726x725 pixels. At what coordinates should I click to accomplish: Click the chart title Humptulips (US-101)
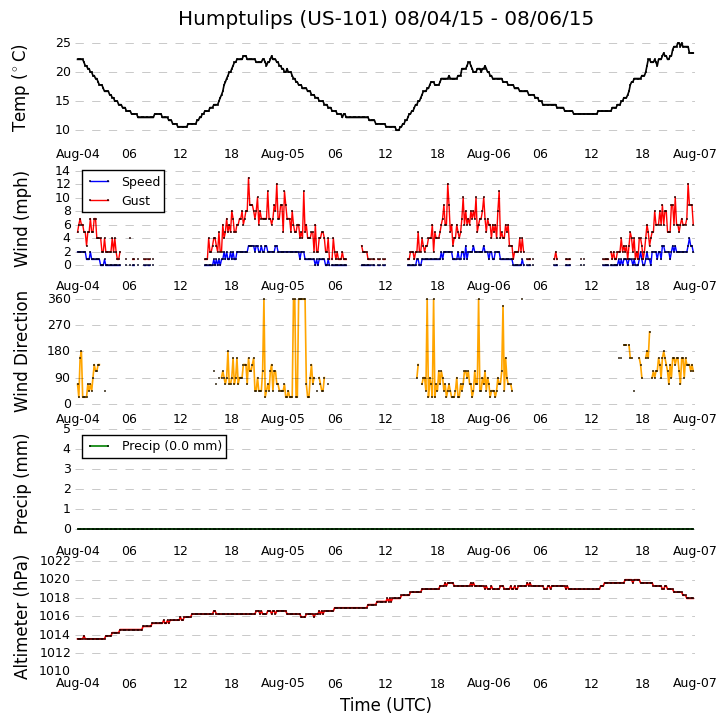coord(385,19)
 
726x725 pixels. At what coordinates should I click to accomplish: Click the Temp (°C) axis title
coord(20,88)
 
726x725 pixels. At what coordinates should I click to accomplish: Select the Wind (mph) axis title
coord(21,218)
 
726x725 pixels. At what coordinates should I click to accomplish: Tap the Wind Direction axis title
coord(21,351)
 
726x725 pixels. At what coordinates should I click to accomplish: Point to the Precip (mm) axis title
coord(21,483)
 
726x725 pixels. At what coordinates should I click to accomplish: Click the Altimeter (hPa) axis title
coord(21,617)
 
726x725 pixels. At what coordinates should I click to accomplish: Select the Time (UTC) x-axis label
coord(385,705)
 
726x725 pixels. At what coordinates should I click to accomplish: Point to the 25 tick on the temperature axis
coord(63,43)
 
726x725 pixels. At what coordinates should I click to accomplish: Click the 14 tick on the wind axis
coord(62,171)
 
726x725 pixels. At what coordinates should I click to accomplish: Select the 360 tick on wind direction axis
coord(59,299)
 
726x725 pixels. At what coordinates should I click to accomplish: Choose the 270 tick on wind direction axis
coord(59,325)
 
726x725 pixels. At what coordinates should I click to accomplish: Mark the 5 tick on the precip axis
coord(66,429)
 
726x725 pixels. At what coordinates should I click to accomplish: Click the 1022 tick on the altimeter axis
coord(54,561)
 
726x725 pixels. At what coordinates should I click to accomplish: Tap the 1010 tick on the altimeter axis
coord(54,671)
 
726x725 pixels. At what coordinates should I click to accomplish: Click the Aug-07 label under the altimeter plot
coord(694,683)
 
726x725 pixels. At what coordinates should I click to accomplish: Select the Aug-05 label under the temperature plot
coord(283,155)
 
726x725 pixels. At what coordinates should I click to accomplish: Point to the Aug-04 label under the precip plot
coord(78,551)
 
